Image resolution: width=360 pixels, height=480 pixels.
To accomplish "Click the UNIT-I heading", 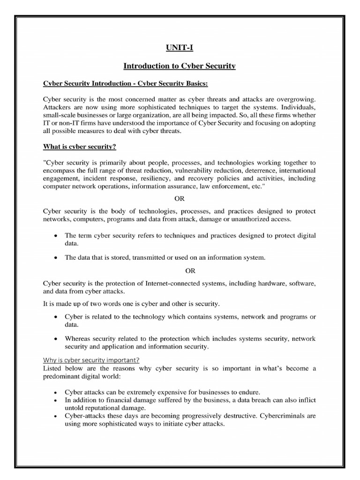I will pyautogui.click(x=180, y=48).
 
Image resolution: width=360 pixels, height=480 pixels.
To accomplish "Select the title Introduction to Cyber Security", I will pyautogui.click(x=180, y=67).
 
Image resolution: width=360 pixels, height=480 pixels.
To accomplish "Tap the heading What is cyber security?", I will pyautogui.click(x=79, y=147).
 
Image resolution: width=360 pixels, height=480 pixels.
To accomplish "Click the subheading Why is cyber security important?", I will pyautogui.click(x=85, y=360).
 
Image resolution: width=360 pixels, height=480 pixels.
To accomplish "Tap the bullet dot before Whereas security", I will pyautogui.click(x=56, y=339).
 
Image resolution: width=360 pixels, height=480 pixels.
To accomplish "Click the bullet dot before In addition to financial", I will pyautogui.click(x=56, y=399).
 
